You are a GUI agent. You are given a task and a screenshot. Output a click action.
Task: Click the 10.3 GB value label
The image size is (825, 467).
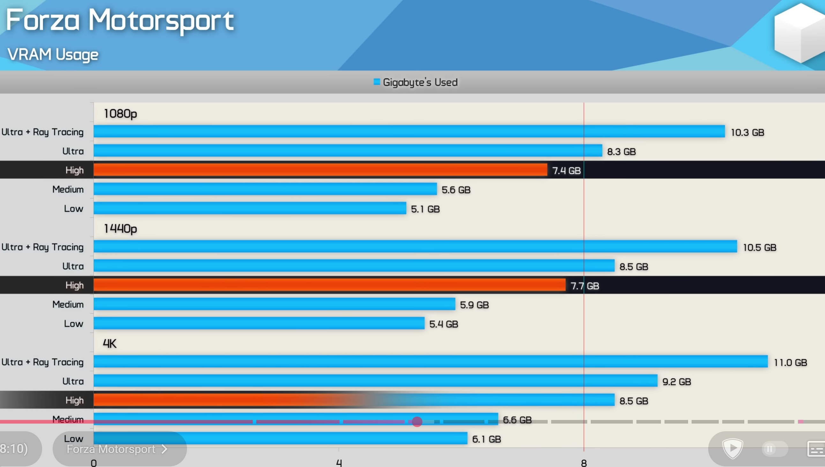pos(747,132)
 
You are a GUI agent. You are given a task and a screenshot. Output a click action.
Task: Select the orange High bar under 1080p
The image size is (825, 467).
pos(320,170)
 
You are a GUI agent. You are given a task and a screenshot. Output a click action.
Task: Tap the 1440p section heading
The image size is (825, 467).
pos(120,229)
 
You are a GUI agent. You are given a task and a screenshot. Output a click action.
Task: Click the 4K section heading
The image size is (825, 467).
pos(109,343)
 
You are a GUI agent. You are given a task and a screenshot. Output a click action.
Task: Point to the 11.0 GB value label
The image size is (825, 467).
pos(790,363)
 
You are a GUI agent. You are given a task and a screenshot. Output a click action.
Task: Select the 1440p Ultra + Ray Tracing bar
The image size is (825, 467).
pos(415,247)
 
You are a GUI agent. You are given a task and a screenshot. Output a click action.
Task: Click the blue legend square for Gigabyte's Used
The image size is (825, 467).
pos(377,82)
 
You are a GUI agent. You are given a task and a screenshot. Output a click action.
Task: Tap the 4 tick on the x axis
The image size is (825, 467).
pos(339,462)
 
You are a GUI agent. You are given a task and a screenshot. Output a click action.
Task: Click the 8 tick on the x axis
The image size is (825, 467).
pos(584,462)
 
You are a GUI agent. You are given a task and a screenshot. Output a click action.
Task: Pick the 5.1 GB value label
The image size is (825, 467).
pos(425,209)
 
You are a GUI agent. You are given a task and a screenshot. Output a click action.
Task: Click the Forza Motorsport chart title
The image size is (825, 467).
pos(120,20)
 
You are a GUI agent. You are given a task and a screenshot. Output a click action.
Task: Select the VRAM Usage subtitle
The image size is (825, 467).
pos(53,55)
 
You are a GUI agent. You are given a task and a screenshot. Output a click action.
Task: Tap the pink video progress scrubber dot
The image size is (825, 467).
pos(417,421)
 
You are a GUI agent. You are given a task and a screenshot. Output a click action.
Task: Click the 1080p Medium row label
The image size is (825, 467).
pos(68,189)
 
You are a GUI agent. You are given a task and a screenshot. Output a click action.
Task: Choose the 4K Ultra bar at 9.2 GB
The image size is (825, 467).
pos(375,381)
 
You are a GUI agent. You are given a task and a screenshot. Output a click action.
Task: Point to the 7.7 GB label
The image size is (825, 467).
pos(584,286)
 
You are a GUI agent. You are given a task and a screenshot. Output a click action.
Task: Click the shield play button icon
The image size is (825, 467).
pos(732,448)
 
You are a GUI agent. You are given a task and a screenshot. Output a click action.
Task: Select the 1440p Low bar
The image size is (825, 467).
pos(259,323)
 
